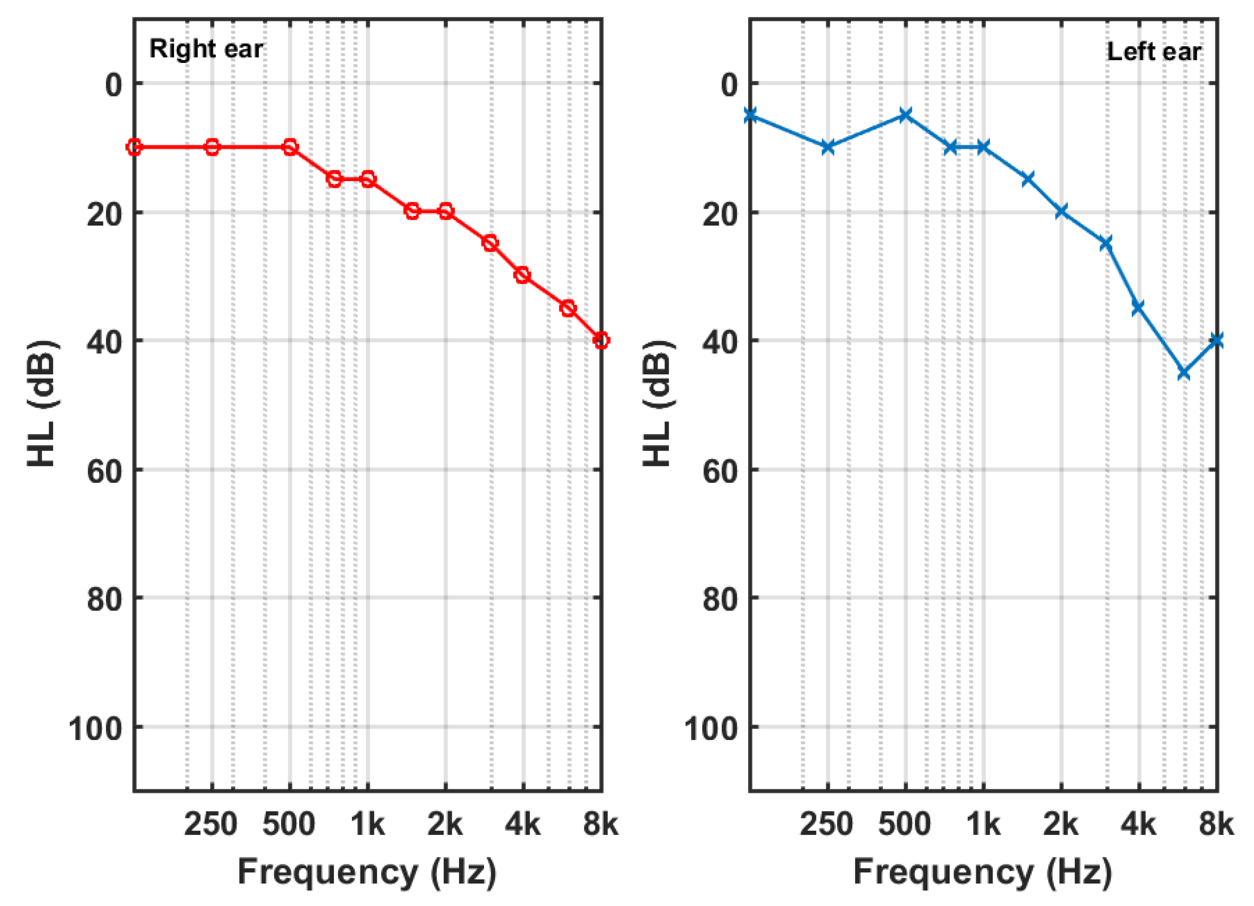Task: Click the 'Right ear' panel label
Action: [x=206, y=49]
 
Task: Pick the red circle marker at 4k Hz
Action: [x=523, y=275]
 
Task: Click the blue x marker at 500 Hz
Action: [x=905, y=115]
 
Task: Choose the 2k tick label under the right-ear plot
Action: [x=445, y=825]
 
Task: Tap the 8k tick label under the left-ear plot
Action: [x=1216, y=825]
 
